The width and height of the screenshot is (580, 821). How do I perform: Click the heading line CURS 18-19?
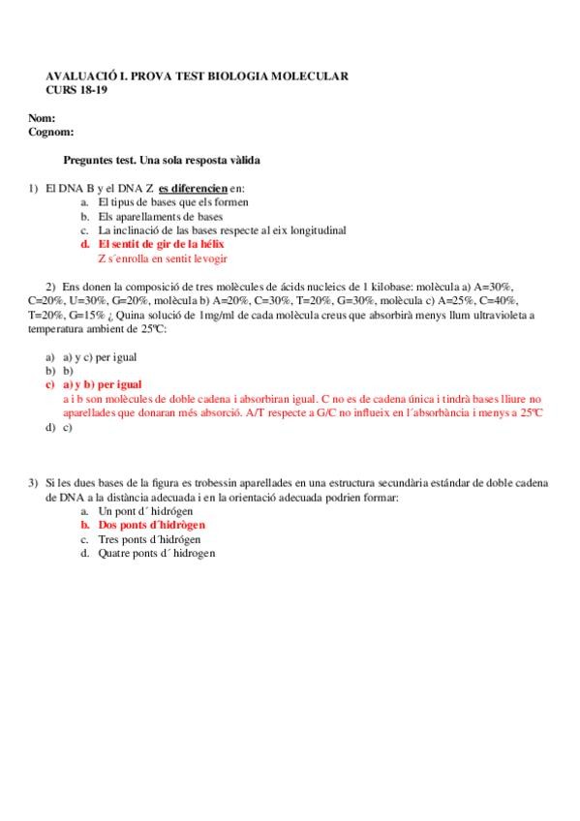[x=76, y=89]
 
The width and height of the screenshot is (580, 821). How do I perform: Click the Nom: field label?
[x=42, y=117]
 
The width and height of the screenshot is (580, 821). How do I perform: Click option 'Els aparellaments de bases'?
[x=160, y=217]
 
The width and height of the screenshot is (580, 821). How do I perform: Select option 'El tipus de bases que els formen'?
[x=172, y=202]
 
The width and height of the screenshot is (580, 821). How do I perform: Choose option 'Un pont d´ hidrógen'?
[x=146, y=510]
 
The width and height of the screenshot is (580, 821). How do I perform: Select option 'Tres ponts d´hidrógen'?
[x=150, y=539]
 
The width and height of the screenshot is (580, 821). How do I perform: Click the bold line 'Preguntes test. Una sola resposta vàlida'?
[x=161, y=160]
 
